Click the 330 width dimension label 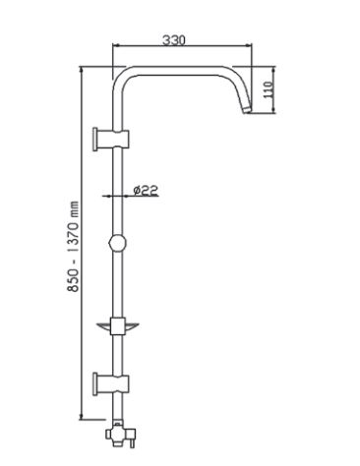(174, 40)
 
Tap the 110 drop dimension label (269, 89)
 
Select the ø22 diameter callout (146, 190)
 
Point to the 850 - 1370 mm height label (73, 247)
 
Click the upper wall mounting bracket (111, 140)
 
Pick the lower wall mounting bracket (111, 384)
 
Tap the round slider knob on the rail (117, 243)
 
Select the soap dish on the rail (118, 326)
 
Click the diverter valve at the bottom (120, 434)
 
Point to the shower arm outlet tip (247, 110)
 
